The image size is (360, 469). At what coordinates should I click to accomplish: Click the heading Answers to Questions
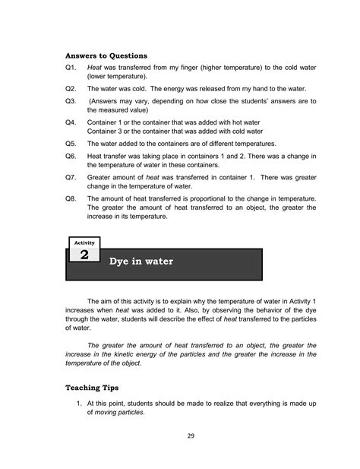(x=106, y=55)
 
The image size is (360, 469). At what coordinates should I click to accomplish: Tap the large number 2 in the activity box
(x=84, y=255)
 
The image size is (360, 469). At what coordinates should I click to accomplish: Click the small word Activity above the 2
(x=84, y=242)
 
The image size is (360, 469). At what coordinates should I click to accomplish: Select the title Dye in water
(x=141, y=261)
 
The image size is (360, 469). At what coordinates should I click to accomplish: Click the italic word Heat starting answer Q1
(x=95, y=68)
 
